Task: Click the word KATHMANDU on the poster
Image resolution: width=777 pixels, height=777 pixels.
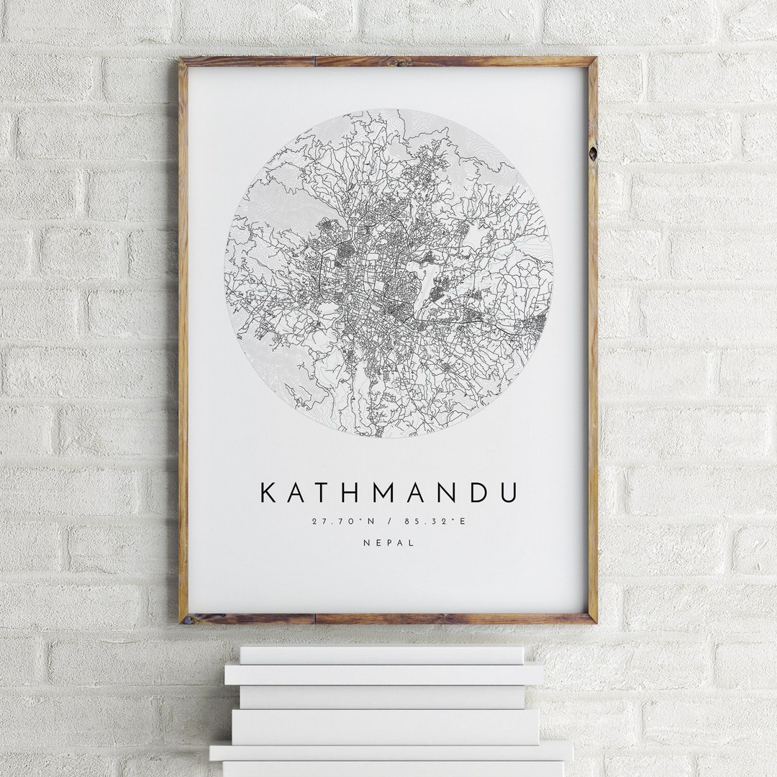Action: coord(388,493)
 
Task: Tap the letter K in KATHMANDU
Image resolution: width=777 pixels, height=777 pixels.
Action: coord(268,493)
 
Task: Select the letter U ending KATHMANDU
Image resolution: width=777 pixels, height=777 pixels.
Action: coord(507,493)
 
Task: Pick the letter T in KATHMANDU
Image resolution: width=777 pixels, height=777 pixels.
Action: coord(323,493)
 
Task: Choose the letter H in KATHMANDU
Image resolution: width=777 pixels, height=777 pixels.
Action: coord(352,493)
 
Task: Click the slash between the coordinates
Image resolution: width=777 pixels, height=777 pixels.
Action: coord(388,521)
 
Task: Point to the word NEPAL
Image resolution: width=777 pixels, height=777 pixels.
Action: coord(388,543)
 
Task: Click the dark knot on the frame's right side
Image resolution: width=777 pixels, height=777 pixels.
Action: coord(592,153)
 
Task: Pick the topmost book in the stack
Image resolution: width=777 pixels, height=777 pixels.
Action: coord(381,655)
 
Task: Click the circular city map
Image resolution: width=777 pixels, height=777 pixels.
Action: coord(388,273)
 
